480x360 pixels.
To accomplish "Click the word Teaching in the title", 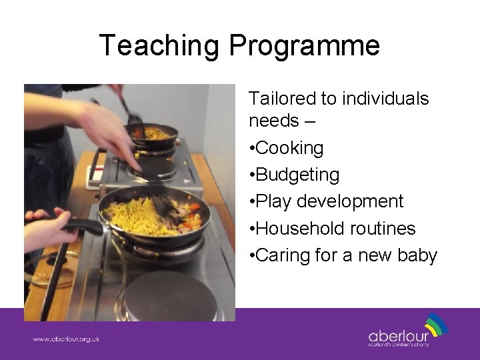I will pyautogui.click(x=159, y=46).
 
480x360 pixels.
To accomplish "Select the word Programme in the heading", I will pyautogui.click(x=304, y=46).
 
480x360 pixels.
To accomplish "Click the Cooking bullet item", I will pyautogui.click(x=289, y=148).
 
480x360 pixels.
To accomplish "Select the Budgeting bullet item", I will pyautogui.click(x=297, y=175).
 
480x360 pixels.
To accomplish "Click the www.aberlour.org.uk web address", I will pyautogui.click(x=66, y=339).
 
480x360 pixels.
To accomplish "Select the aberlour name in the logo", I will pyautogui.click(x=399, y=335).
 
